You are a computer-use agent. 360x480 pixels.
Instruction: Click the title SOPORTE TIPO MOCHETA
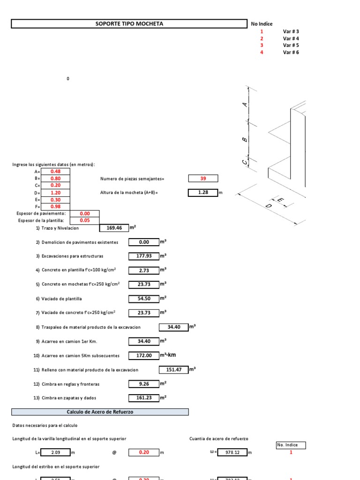click(129, 23)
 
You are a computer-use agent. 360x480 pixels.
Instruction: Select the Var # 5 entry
click(291, 45)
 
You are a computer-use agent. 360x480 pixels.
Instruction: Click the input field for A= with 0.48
click(56, 172)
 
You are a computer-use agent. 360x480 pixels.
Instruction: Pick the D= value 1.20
click(56, 193)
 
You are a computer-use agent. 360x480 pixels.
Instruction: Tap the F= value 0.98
click(56, 207)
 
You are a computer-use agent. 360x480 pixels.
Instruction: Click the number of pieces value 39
click(203, 179)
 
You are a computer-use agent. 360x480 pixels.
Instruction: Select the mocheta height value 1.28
click(203, 192)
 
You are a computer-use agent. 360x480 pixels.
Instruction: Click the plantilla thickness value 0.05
click(85, 221)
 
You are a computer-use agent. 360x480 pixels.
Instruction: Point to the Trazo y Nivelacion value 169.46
click(114, 228)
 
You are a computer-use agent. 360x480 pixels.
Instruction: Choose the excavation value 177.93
click(143, 256)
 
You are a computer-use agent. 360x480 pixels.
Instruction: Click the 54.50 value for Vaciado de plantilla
click(143, 299)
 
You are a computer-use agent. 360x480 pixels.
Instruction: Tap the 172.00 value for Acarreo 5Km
click(143, 356)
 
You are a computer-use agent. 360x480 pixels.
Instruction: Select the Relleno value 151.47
click(173, 370)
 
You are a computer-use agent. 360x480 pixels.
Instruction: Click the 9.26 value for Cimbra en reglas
click(143, 384)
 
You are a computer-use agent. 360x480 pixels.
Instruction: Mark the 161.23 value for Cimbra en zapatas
click(143, 398)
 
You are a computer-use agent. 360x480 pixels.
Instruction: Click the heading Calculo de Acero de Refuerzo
click(100, 412)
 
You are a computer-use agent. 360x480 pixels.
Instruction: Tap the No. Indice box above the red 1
click(291, 445)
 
